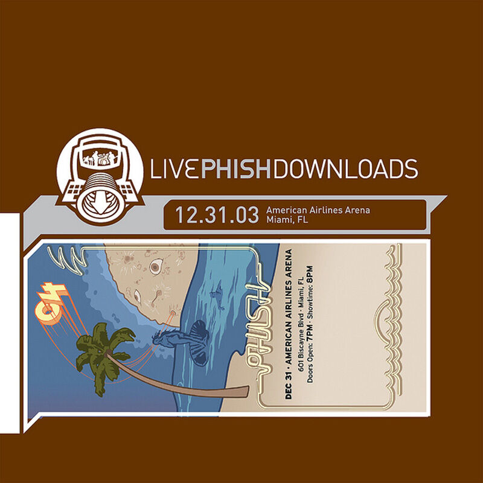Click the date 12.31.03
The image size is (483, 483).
pyautogui.click(x=216, y=215)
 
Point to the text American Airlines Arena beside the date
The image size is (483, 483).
pyautogui.click(x=318, y=210)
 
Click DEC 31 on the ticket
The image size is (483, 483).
pyautogui.click(x=291, y=383)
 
